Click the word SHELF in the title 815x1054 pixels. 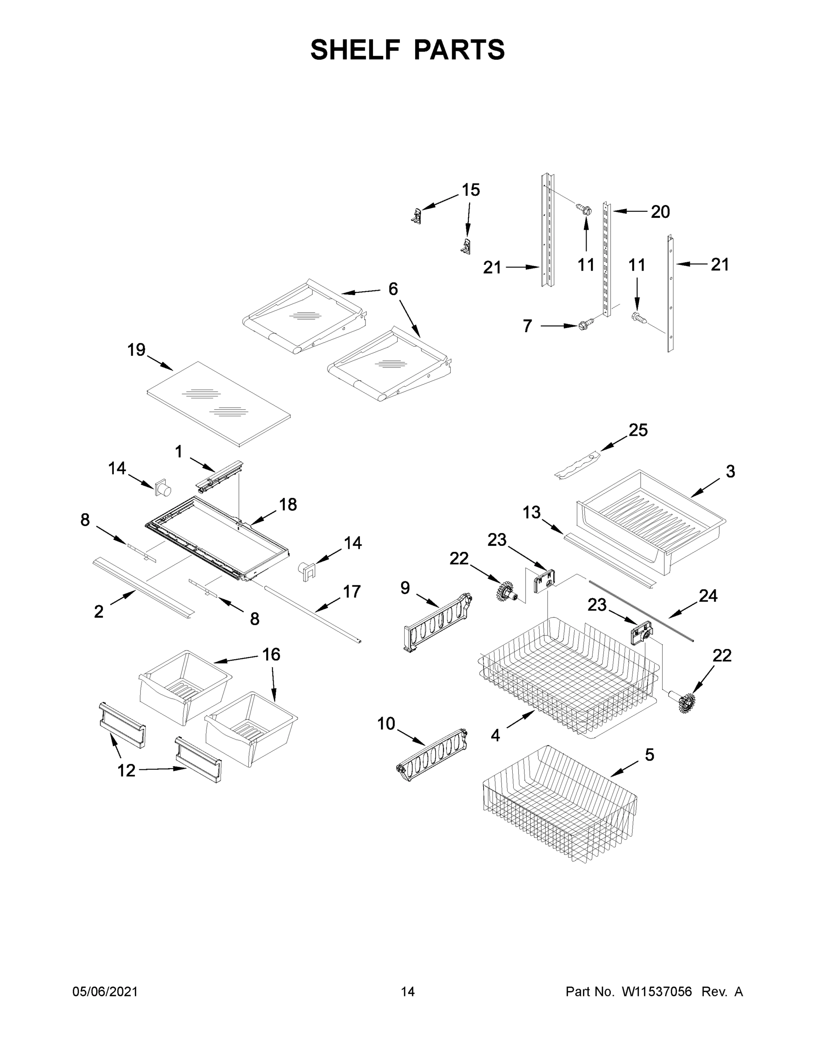pyautogui.click(x=355, y=50)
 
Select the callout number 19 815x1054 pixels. pyautogui.click(x=136, y=350)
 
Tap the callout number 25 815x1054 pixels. pyautogui.click(x=638, y=430)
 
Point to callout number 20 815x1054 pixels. pyautogui.click(x=660, y=211)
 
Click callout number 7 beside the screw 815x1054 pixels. pyautogui.click(x=527, y=326)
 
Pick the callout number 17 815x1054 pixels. pyautogui.click(x=351, y=592)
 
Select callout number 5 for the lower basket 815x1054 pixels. pyautogui.click(x=649, y=755)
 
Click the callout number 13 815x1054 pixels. pyautogui.click(x=532, y=512)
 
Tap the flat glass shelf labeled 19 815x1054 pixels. pyautogui.click(x=218, y=404)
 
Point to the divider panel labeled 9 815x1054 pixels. pyautogui.click(x=437, y=623)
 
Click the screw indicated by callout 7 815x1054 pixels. pyautogui.click(x=585, y=326)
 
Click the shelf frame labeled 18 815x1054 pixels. pyautogui.click(x=217, y=538)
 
